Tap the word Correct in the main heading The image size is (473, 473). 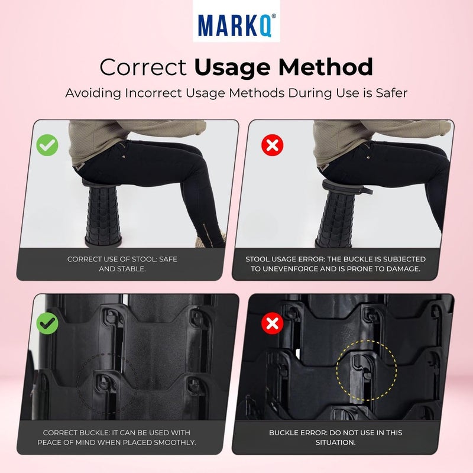click(144, 67)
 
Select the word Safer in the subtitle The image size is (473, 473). click(387, 93)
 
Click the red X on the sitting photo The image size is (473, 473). click(272, 145)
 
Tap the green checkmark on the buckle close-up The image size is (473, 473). click(47, 323)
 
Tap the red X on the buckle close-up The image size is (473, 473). click(272, 323)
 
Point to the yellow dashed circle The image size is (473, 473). click(365, 370)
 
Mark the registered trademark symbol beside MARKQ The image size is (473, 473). click(273, 17)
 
